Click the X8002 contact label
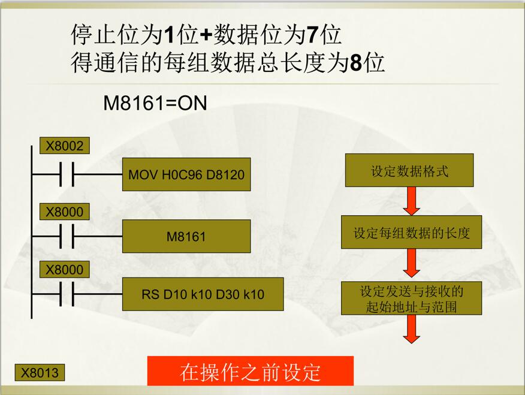65,146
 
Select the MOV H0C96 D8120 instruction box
186,174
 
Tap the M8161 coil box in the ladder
186,236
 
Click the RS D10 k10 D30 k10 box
203,294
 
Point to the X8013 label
40,373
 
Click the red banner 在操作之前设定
251,371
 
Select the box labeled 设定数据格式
409,170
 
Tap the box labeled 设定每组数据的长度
412,232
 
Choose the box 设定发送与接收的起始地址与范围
412,298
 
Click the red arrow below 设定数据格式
412,201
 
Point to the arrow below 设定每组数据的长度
412,263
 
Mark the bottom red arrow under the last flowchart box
412,329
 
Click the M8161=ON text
155,102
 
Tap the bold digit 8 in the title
356,62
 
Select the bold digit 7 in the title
312,35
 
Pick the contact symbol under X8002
67,174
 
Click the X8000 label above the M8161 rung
65,212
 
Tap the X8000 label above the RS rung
65,270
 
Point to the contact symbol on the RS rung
67,294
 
